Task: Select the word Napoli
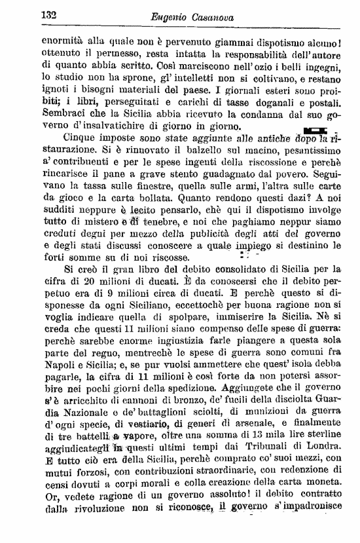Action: pyautogui.click(x=57, y=375)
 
